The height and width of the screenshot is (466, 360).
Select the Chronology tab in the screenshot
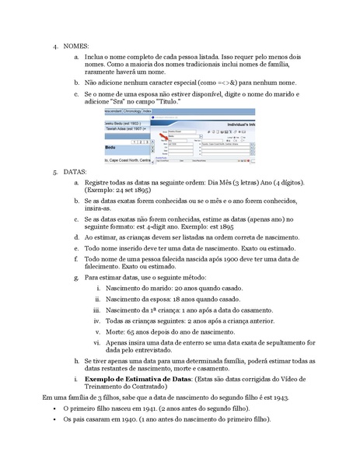coord(128,111)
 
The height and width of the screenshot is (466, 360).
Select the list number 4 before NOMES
coord(55,46)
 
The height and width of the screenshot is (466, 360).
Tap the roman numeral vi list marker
coord(97,341)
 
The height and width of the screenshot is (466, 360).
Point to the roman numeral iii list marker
coord(97,309)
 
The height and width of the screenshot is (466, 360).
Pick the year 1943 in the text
coord(267,398)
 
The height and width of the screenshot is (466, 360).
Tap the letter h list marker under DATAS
coord(76,362)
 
